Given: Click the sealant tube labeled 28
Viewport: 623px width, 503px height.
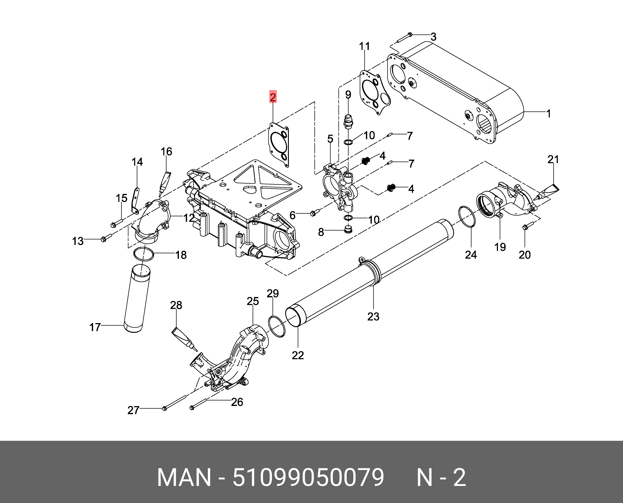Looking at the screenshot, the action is (185, 338).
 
